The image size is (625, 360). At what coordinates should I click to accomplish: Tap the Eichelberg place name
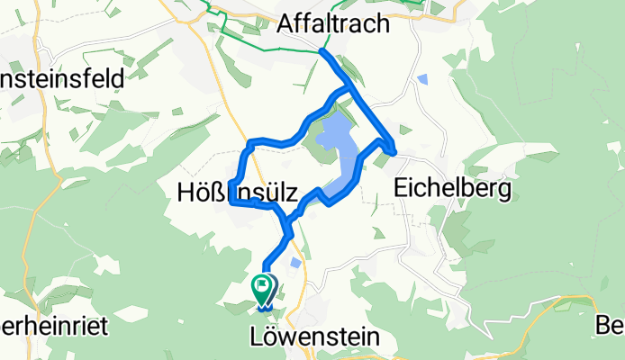click(453, 189)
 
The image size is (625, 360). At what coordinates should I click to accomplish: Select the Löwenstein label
click(312, 337)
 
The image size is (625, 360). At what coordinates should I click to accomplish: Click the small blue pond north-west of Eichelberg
click(423, 79)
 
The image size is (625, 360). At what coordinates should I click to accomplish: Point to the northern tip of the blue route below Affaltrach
click(322, 52)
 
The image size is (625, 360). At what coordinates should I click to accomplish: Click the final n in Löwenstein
click(372, 337)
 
